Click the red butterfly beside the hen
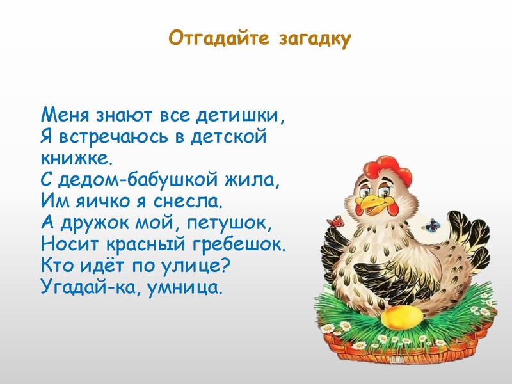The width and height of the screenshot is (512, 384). [x=333, y=222]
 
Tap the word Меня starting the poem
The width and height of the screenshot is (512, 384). [x=66, y=116]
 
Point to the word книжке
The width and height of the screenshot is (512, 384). [x=76, y=156]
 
